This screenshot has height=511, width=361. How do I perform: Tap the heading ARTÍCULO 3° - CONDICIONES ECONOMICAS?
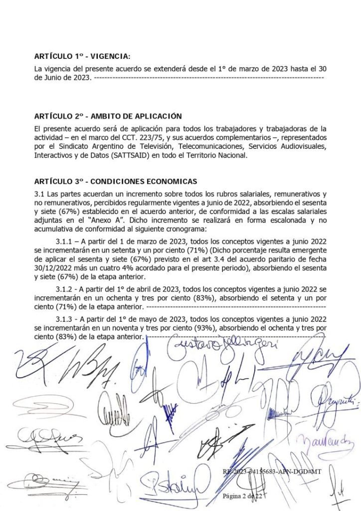(x=116, y=181)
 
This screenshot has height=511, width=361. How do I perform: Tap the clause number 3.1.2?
(x=65, y=289)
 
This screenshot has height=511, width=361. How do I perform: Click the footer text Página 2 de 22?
(x=242, y=496)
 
